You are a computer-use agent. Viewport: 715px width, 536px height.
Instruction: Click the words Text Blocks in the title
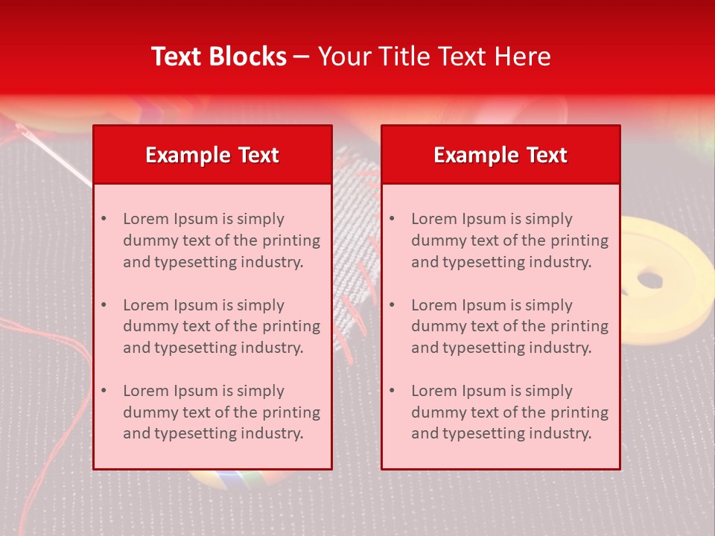[x=219, y=57]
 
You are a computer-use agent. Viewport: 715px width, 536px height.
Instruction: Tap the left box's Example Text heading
[x=212, y=155]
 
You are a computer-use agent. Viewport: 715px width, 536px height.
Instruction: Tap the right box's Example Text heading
[x=500, y=155]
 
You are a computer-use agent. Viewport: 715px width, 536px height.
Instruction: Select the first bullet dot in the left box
[x=104, y=219]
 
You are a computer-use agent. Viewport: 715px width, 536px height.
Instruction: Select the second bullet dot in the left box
[x=104, y=305]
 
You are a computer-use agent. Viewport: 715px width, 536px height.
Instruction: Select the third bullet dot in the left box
[x=104, y=391]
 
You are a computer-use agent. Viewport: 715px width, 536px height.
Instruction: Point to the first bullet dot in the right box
[x=392, y=219]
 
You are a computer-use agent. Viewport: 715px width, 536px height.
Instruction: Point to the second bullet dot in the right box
[x=392, y=305]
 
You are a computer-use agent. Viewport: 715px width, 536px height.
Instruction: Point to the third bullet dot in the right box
[x=392, y=391]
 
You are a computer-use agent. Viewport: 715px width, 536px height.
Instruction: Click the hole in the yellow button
[x=650, y=280]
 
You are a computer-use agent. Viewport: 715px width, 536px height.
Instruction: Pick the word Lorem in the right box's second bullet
[x=433, y=305]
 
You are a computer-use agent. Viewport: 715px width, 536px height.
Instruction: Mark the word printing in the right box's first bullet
[x=579, y=240]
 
